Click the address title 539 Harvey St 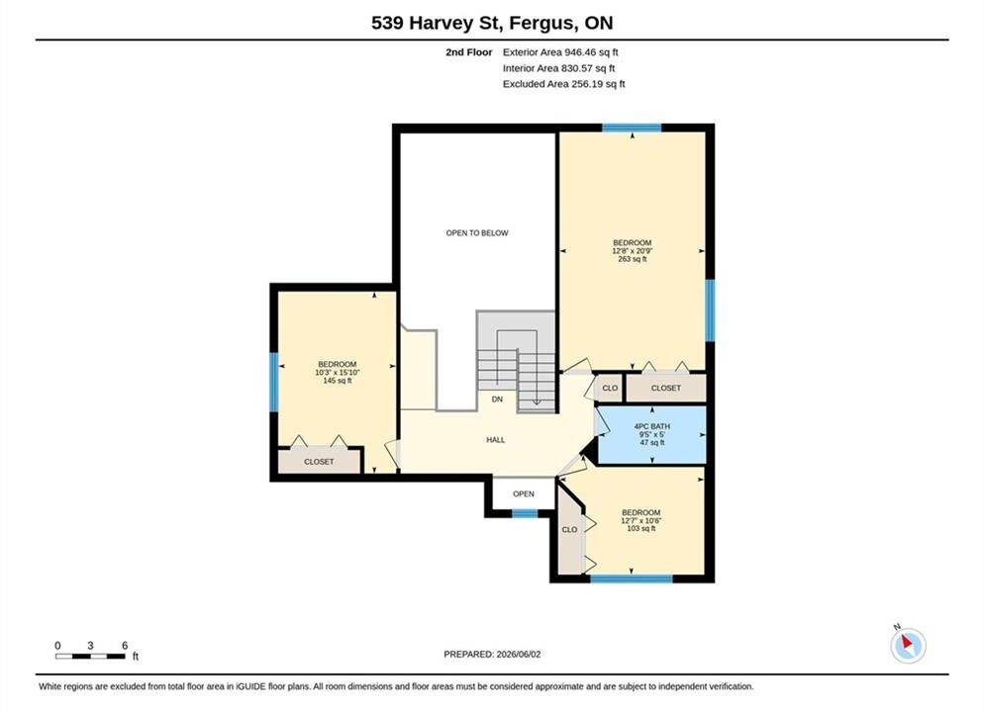437,23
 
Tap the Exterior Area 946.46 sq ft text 560,52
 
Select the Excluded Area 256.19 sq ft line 563,83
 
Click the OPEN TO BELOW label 477,233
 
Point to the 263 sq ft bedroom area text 632,259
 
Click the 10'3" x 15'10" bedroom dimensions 337,372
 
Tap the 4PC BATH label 652,426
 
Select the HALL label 496,440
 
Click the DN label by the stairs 497,400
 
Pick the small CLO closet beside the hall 610,388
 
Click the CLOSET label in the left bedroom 319,462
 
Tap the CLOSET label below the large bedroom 666,388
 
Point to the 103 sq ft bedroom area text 640,528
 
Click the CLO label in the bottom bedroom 569,530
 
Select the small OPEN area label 524,493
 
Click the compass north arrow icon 908,645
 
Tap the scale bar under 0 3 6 90,657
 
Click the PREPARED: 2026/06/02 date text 492,655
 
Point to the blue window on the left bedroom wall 273,383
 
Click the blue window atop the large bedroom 632,128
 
